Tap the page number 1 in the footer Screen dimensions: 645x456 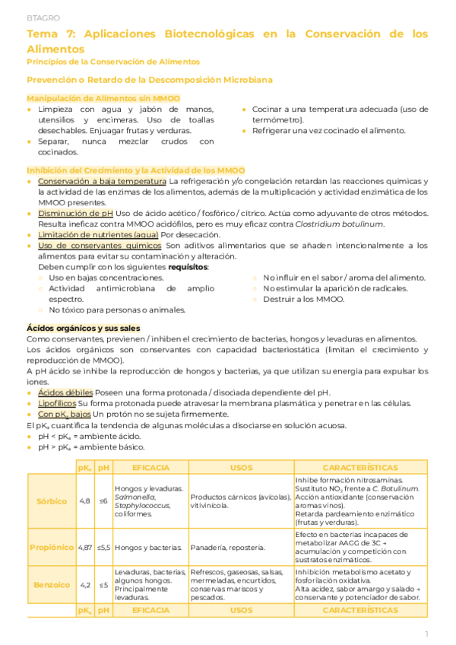426,633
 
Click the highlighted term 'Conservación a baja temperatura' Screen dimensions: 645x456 102,182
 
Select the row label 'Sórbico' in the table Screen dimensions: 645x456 52,501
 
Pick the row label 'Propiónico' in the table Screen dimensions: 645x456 52,547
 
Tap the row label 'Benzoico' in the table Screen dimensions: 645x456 52,584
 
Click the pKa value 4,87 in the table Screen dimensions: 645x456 85,547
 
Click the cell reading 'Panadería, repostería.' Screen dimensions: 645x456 228,547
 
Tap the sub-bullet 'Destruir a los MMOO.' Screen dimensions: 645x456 303,299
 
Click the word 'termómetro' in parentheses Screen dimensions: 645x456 277,120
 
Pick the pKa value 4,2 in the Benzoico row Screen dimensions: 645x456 85,584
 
